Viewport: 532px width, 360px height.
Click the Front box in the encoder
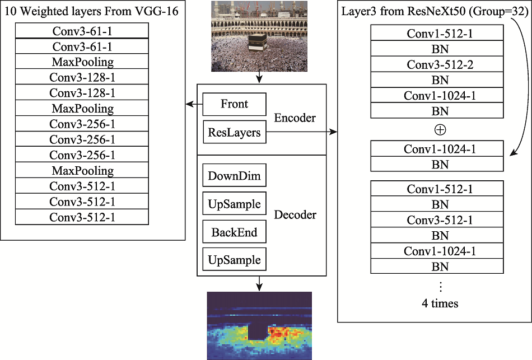tap(235, 104)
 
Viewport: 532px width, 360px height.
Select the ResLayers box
tap(235, 132)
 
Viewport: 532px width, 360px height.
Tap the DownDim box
tap(235, 175)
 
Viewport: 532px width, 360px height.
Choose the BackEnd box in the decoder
tap(235, 232)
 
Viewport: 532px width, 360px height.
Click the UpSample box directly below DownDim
tap(235, 204)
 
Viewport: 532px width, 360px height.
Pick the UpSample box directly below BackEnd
tap(235, 260)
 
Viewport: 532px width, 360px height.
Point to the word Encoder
tap(295, 118)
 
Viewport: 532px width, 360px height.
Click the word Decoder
tap(295, 214)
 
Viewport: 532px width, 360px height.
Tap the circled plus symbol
tap(440, 130)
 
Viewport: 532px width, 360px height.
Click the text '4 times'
tap(440, 303)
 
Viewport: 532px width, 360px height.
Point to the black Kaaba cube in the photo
tap(258, 43)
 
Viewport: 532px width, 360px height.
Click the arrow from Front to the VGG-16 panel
tap(194, 104)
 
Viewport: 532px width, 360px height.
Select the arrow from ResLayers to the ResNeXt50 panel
tap(302, 132)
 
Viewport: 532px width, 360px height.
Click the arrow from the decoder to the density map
tap(259, 283)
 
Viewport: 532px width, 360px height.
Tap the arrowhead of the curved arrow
tap(514, 153)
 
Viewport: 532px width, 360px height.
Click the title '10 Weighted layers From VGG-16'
tap(92, 11)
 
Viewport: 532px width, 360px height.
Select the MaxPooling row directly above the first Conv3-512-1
tap(82, 170)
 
